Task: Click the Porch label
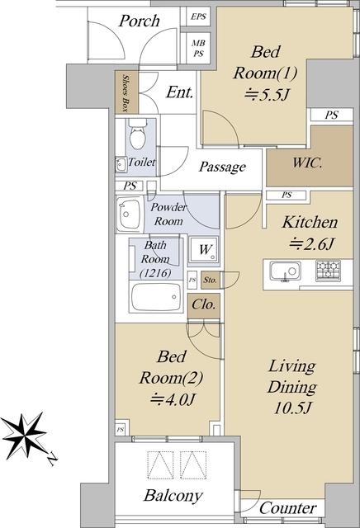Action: pyautogui.click(x=140, y=21)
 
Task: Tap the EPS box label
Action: pyautogui.click(x=198, y=16)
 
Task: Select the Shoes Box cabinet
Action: pyautogui.click(x=126, y=92)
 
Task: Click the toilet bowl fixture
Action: pyautogui.click(x=138, y=134)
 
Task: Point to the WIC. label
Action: pyautogui.click(x=307, y=163)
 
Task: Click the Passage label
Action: pyautogui.click(x=222, y=167)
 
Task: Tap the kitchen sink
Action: pyautogui.click(x=285, y=271)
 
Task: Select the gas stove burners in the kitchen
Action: pyautogui.click(x=328, y=271)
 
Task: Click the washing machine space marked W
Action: pyautogui.click(x=204, y=249)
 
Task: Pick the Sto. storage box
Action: pyautogui.click(x=211, y=280)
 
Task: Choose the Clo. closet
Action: pyautogui.click(x=204, y=306)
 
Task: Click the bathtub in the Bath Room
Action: pyautogui.click(x=156, y=297)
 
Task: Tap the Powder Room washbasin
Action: pyautogui.click(x=129, y=214)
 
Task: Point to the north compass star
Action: pyautogui.click(x=24, y=436)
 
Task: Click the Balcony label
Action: pyautogui.click(x=173, y=496)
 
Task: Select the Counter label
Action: pyautogui.click(x=288, y=508)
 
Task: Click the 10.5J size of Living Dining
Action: pyautogui.click(x=291, y=408)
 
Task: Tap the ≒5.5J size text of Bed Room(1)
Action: pyautogui.click(x=266, y=95)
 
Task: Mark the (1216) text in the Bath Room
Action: pyautogui.click(x=155, y=273)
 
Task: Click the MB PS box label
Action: pyautogui.click(x=198, y=48)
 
